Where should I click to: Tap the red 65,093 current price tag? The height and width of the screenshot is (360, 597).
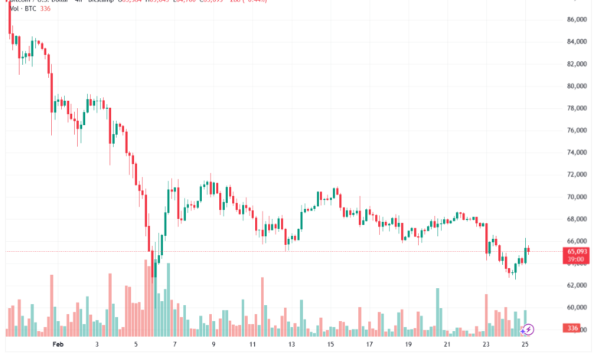(x=576, y=251)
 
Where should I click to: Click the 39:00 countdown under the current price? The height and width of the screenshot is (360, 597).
(x=576, y=260)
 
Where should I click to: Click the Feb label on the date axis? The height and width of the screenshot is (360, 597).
(x=57, y=345)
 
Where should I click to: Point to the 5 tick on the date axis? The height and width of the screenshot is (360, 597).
(x=136, y=345)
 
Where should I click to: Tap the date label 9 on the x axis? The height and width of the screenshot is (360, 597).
(x=214, y=345)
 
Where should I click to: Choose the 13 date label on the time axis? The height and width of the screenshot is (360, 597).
(x=292, y=345)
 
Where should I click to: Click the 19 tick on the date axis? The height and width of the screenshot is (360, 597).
(x=408, y=345)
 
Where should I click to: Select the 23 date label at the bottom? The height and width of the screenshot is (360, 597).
(x=486, y=345)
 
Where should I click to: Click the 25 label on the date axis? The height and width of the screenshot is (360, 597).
(x=525, y=345)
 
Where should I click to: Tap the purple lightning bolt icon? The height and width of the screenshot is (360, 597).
(x=528, y=329)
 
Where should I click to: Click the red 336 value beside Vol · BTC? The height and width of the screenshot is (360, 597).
(x=47, y=10)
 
